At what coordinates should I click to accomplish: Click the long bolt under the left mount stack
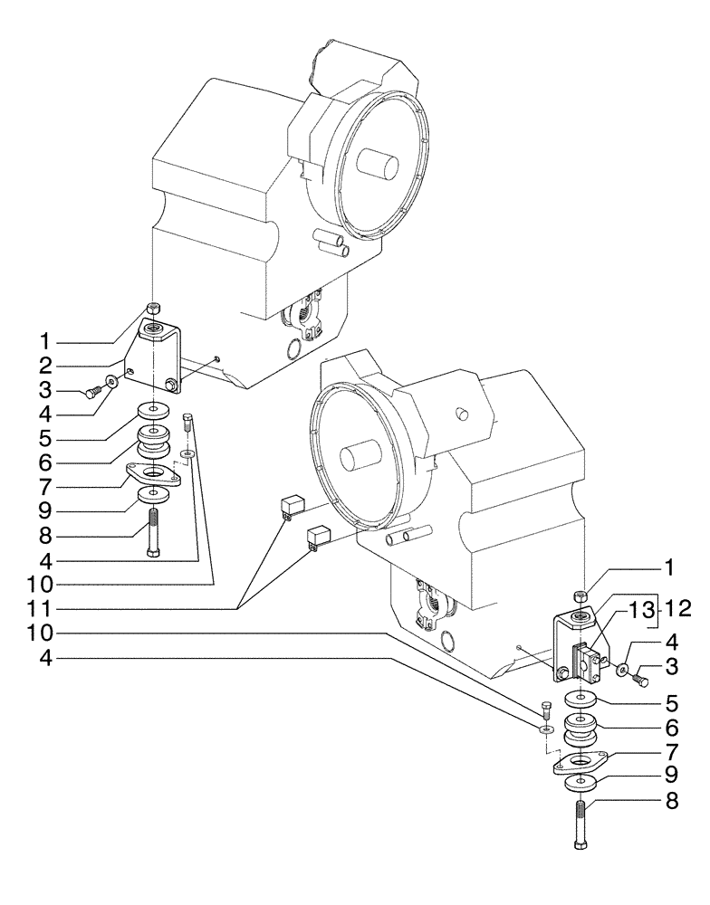(x=153, y=533)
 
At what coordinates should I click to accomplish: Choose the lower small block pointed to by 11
(x=318, y=538)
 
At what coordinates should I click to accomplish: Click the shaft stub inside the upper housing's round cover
(x=376, y=167)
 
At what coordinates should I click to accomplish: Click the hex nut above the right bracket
(x=580, y=595)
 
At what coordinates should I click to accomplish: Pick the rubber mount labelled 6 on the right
(x=580, y=730)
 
